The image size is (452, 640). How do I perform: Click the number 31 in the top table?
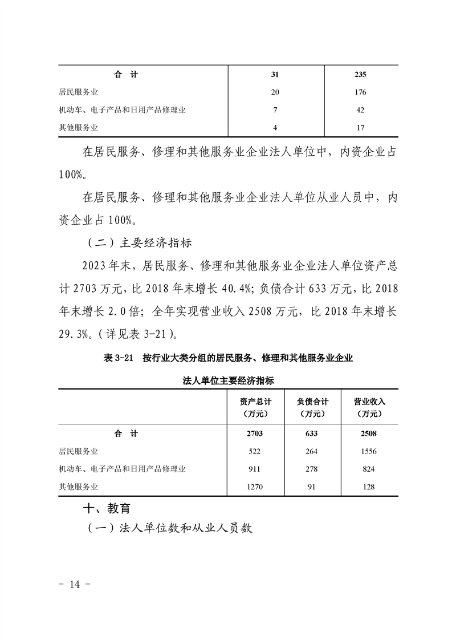pos(276,74)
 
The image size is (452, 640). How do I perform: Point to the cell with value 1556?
pos(369,451)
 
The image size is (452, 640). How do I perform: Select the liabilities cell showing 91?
pos(311,487)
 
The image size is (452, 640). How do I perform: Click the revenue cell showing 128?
pos(369,487)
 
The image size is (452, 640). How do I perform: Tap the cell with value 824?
pos(369,469)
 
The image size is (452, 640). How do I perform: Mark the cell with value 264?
pos(311,451)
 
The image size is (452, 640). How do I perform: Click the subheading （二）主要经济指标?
pos(140,242)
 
